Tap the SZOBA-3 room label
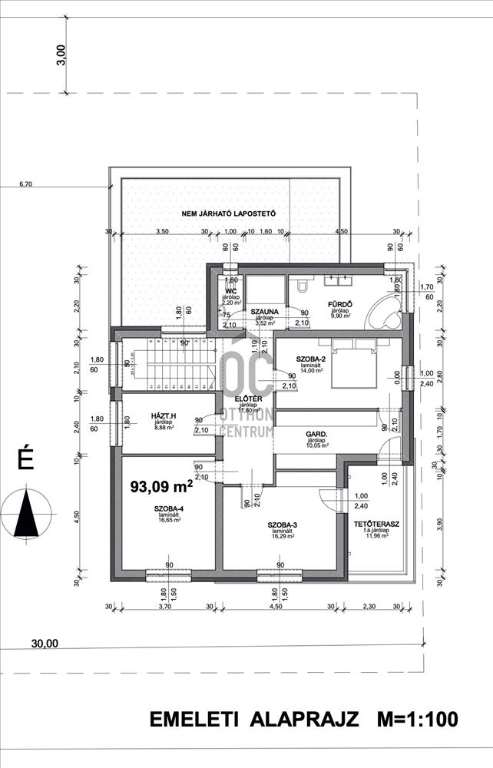pos(283,525)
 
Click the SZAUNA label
pos(263,311)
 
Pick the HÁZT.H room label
pos(162,415)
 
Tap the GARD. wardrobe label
pos(317,434)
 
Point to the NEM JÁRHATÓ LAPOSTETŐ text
pos(228,212)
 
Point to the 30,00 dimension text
pos(45,644)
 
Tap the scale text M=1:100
pos(418,720)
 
